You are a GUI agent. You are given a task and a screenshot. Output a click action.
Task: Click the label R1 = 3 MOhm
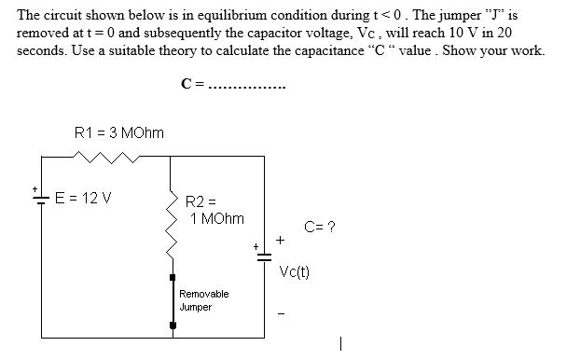(118, 133)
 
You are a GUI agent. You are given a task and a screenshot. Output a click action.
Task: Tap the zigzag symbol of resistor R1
(112, 159)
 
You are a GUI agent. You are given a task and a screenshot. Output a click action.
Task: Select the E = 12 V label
(82, 198)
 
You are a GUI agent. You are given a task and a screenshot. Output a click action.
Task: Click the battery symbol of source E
(39, 201)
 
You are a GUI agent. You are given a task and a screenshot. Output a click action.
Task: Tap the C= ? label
(320, 227)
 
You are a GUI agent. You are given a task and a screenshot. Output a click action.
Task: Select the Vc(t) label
(295, 272)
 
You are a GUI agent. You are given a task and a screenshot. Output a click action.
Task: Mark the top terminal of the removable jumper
(172, 276)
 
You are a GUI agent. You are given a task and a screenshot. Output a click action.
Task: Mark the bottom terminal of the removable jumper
(172, 325)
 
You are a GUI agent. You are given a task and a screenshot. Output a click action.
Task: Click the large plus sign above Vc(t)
(279, 239)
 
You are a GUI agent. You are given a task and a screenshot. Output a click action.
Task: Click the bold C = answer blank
(234, 86)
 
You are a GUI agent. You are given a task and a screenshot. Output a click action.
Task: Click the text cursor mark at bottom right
(342, 344)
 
